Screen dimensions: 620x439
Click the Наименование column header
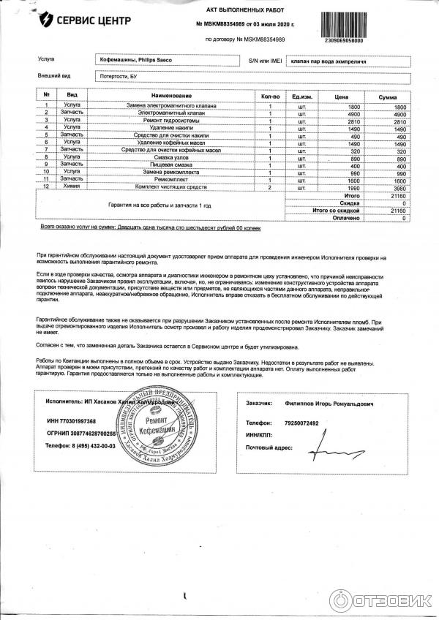(x=173, y=96)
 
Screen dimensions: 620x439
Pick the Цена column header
(x=341, y=96)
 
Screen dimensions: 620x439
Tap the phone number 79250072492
(x=302, y=423)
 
